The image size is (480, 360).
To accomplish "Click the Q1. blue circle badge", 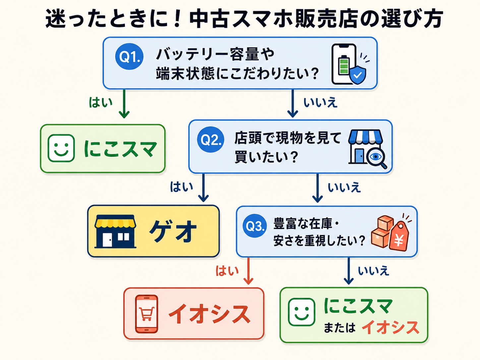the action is coord(129,56).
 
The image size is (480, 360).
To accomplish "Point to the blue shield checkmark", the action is coord(357,75).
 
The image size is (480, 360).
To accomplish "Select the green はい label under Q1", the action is coord(100,102).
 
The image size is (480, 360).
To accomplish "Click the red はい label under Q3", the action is coord(227,270).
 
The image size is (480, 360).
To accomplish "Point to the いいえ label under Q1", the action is coord(321,102).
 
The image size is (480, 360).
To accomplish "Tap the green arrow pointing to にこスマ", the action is coord(124,104).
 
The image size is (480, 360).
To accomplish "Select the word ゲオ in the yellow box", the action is coord(173,231).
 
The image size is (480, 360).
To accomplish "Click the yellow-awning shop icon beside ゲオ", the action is coord(115,231).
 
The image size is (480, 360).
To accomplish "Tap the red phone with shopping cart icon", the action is coord(146,314).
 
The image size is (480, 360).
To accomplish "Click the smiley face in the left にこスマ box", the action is coord(61,148).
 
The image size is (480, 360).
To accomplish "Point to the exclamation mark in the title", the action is coord(179,19).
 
